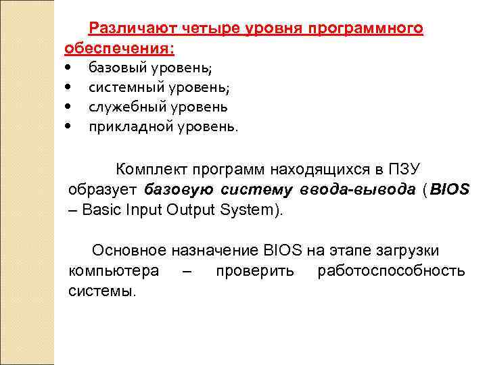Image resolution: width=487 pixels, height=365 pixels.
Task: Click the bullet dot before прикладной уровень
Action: [70, 126]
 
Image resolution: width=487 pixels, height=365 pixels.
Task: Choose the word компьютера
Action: [114, 271]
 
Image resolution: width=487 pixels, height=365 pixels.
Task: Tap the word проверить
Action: [254, 271]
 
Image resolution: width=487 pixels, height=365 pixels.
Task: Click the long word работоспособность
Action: [391, 271]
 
